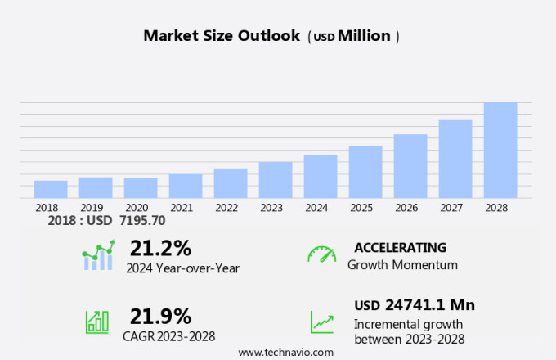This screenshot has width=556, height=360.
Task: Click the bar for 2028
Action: [500, 150]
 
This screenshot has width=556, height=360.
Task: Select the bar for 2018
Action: [51, 189]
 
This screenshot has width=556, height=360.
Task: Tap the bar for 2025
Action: [365, 172]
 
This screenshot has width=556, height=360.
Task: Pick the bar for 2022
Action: [231, 182]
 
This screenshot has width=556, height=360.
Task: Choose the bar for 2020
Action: [141, 187]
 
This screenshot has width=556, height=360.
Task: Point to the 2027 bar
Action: [455, 159]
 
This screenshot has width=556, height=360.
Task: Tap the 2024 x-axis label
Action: [316, 208]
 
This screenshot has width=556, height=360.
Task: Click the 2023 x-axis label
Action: [271, 208]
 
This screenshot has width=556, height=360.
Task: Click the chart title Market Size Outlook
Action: [222, 36]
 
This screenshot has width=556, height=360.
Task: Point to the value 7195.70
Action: [142, 221]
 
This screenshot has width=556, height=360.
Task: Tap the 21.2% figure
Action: [160, 248]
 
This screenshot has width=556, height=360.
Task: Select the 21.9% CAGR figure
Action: [160, 316]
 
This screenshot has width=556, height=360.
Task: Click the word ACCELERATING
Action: [401, 247]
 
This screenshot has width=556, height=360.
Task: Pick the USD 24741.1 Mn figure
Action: [415, 305]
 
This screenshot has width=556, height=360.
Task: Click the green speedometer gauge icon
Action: [321, 254]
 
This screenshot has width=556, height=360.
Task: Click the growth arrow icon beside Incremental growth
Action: [321, 322]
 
